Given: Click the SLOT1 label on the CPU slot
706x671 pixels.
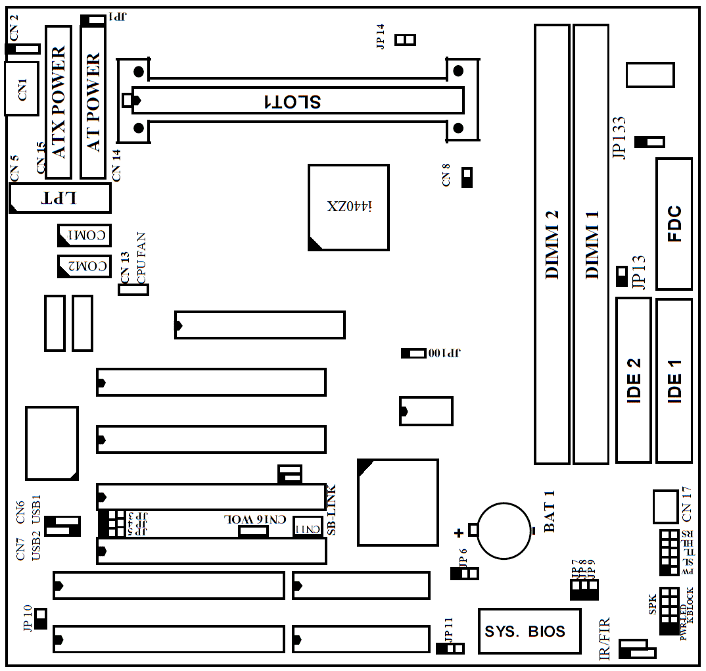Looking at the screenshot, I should coord(292,101).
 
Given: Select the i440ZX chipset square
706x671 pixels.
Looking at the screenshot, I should coord(348,207).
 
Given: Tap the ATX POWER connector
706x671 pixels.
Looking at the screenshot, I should coord(58,102).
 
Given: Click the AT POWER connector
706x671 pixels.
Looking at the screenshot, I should coord(93,102).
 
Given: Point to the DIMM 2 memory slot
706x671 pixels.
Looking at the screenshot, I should coord(552,244).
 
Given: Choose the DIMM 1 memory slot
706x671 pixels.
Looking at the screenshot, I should coord(590,244).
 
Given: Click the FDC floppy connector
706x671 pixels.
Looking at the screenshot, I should coord(674,224).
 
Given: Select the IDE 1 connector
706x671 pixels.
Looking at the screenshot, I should coord(674,380).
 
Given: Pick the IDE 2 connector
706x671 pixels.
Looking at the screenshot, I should coord(634,380).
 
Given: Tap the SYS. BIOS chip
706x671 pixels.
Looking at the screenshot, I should coord(529,632).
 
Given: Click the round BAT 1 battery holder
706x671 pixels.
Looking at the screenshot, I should coord(504,530).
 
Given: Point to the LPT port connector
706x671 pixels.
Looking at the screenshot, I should coord(60,198).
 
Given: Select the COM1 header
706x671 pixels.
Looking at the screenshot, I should coord(84,235).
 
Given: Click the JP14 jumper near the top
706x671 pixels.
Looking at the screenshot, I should coord(405,40).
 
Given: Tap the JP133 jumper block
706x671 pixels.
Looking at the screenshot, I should coord(649,142).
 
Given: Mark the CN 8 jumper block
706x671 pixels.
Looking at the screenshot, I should coord(467,178).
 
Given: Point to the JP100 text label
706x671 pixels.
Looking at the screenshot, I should coord(445,353).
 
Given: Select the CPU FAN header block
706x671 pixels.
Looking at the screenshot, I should coord(133,289).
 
